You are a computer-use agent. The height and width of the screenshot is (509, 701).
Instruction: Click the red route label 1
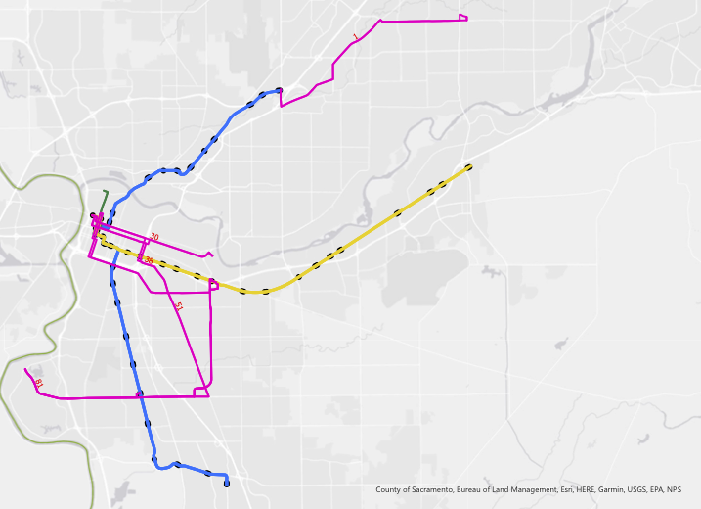[x=356, y=38]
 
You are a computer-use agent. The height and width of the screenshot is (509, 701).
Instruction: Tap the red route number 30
[x=153, y=237]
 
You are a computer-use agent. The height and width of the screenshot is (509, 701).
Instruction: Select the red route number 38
[x=149, y=260]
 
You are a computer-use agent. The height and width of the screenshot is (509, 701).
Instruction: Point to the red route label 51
[x=178, y=306]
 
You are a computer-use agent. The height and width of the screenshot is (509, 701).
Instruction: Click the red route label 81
[x=38, y=382]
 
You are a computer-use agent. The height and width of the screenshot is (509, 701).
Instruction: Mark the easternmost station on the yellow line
[x=468, y=167]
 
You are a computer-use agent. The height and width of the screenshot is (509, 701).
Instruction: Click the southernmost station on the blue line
[x=227, y=484]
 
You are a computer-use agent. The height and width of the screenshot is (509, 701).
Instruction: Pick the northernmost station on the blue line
[x=279, y=91]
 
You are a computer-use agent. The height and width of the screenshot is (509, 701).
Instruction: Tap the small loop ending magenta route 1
[x=463, y=18]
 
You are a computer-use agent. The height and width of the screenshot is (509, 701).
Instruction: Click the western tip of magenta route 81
[x=25, y=369]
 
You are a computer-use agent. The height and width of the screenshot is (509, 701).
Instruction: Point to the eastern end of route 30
[x=211, y=255]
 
